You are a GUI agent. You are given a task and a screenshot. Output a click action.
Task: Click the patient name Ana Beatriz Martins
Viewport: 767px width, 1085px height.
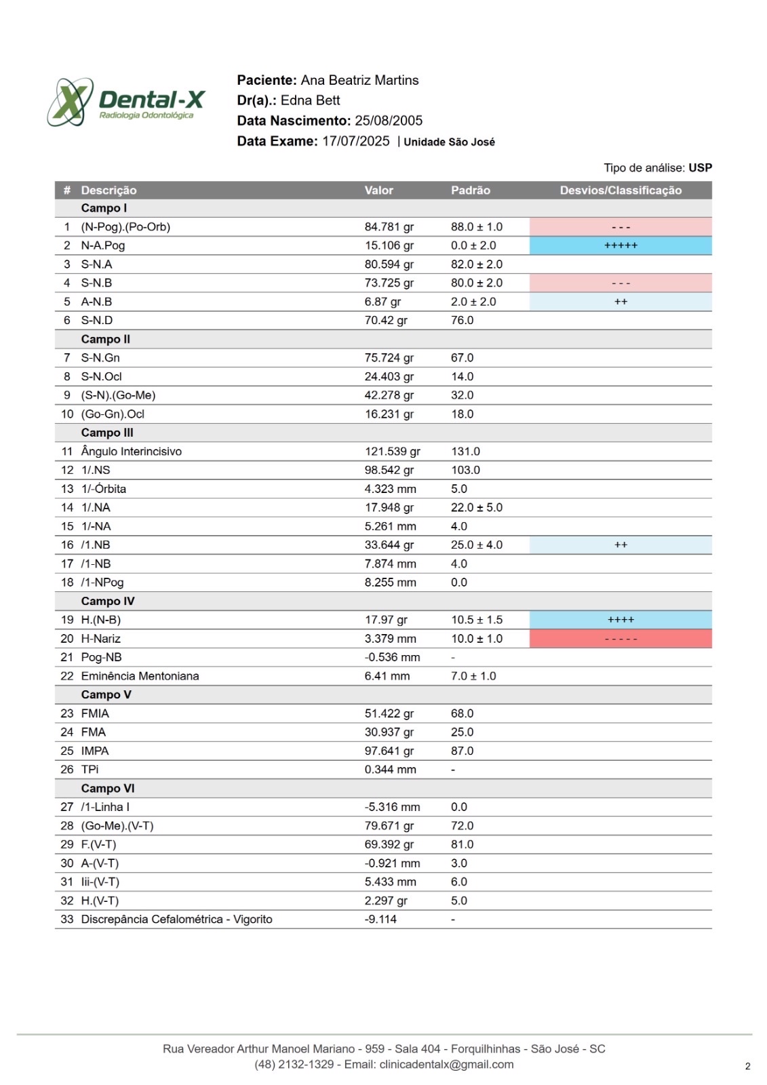click(x=359, y=80)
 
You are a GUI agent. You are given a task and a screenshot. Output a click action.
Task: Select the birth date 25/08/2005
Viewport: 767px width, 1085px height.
click(x=389, y=121)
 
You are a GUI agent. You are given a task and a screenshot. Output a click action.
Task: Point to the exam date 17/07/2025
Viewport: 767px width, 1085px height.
click(x=356, y=141)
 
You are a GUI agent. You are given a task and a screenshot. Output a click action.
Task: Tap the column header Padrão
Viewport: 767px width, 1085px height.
click(x=470, y=191)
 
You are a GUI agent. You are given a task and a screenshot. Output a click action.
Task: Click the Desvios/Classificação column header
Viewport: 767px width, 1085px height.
click(x=621, y=191)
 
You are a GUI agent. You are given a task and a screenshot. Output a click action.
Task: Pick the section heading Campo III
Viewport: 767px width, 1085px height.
click(x=107, y=433)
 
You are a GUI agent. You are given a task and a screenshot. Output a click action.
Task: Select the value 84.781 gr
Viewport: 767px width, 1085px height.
click(x=389, y=227)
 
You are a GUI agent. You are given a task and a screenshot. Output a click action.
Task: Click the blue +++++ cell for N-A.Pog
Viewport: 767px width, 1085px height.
click(x=621, y=245)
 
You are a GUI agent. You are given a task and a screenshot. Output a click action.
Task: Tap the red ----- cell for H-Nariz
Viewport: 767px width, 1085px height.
click(x=621, y=639)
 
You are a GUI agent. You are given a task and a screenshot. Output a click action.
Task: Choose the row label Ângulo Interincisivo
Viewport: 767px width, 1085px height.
click(x=131, y=452)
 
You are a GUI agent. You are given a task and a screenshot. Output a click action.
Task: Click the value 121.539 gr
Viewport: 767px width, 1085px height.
click(x=392, y=452)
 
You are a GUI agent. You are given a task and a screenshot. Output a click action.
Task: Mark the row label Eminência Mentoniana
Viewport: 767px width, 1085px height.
click(x=140, y=676)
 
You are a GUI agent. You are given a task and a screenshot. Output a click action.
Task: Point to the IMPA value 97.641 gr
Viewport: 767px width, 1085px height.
click(x=389, y=751)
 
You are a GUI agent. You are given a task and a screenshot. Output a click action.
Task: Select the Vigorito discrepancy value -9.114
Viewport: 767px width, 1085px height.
click(x=380, y=920)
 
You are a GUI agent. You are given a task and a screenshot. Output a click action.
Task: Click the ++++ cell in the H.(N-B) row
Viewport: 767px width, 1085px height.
click(x=621, y=620)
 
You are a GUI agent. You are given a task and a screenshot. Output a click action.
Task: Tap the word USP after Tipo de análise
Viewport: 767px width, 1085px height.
click(x=700, y=167)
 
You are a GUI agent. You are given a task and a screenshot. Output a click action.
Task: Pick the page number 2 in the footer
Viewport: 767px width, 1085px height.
click(x=747, y=1066)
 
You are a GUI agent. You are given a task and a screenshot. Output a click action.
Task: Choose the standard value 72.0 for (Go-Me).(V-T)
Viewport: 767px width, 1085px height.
click(x=462, y=826)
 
